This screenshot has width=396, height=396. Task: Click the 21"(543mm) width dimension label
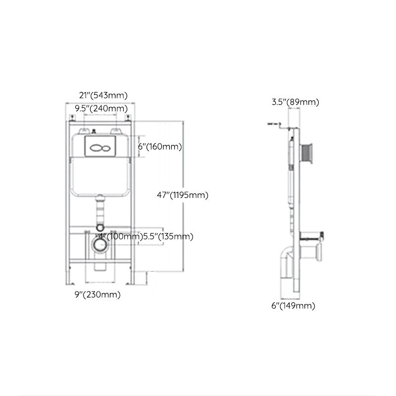tap(103, 95)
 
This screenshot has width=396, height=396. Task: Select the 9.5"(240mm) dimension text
tap(100, 108)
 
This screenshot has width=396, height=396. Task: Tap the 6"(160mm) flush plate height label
tap(160, 147)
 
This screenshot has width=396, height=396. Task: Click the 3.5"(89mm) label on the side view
tap(295, 102)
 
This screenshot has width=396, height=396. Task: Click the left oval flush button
tap(97, 147)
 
